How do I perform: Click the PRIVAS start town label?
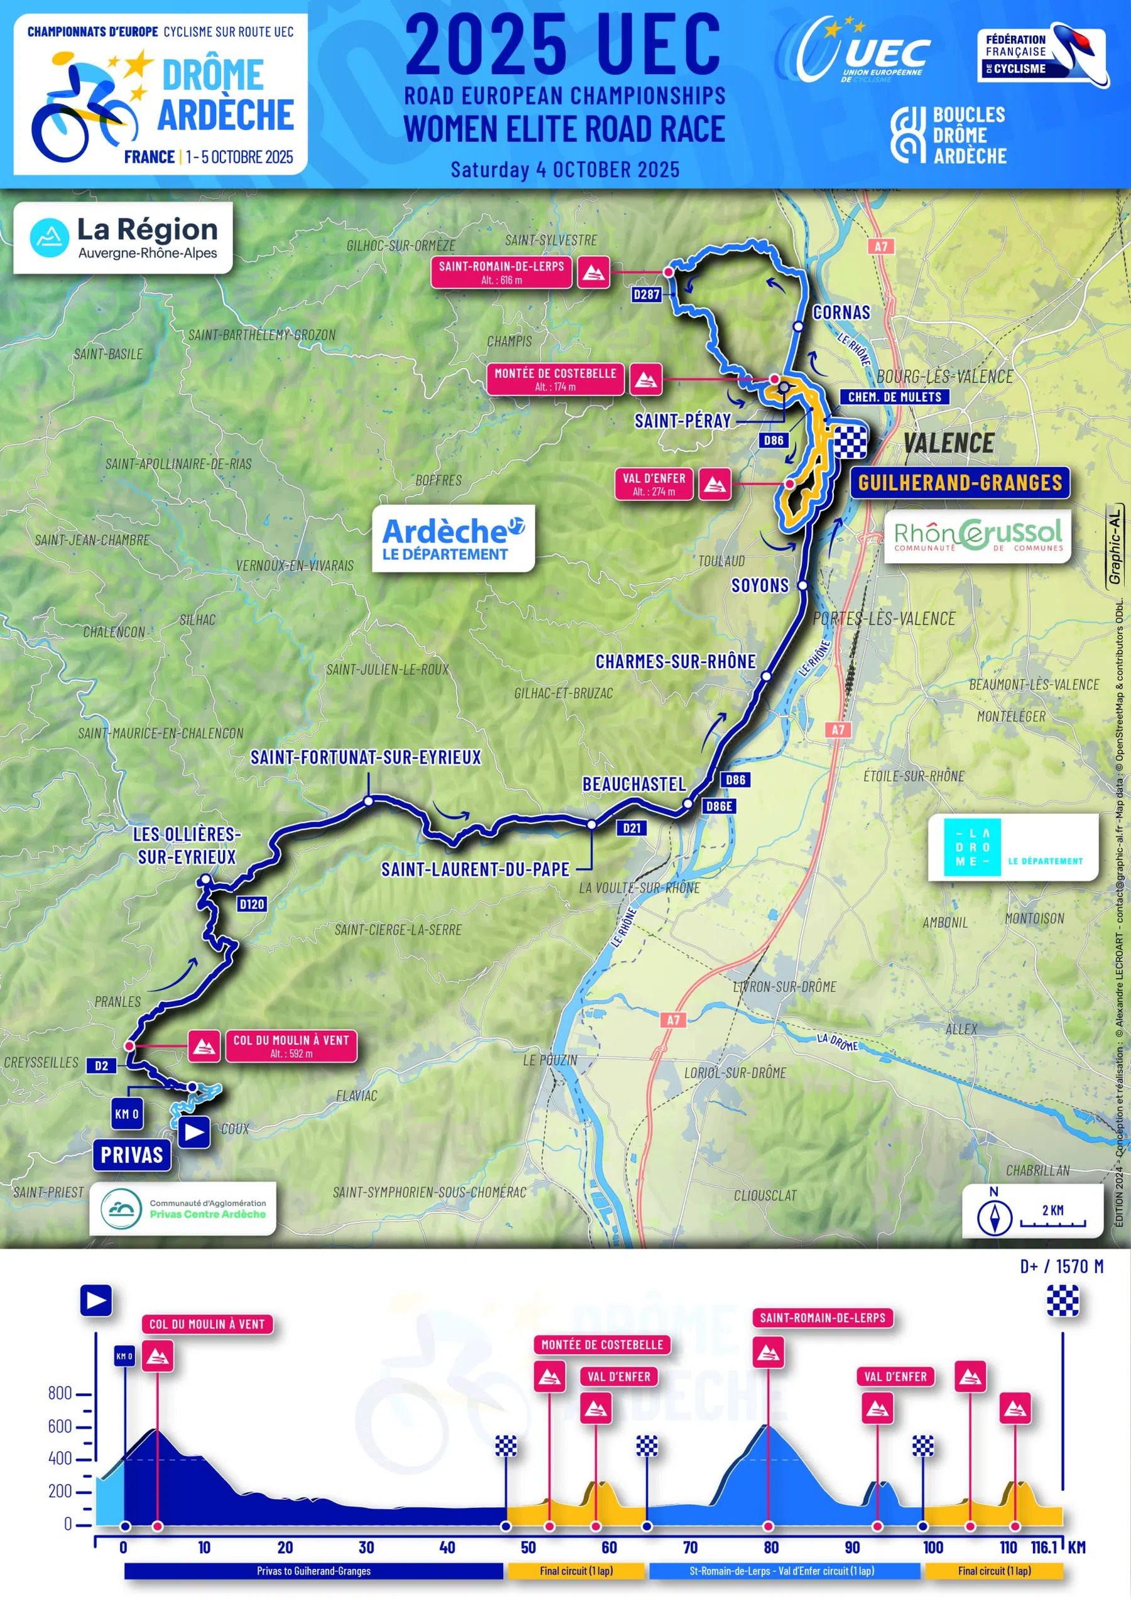pyautogui.click(x=131, y=1155)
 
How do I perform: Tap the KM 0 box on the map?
pyautogui.click(x=127, y=1114)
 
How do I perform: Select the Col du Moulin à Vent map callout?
pyautogui.click(x=290, y=1046)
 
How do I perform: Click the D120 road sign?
pyautogui.click(x=251, y=904)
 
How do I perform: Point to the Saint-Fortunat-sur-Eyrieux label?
pyautogui.click(x=366, y=757)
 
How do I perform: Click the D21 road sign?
pyautogui.click(x=631, y=828)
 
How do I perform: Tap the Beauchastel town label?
pyautogui.click(x=634, y=784)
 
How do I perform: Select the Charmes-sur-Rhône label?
pyautogui.click(x=675, y=661)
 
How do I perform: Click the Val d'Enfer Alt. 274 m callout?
pyautogui.click(x=654, y=484)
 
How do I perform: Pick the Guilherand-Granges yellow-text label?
pyautogui.click(x=959, y=482)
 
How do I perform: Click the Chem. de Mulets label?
pyautogui.click(x=894, y=397)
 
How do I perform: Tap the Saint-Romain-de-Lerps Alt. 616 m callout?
pyautogui.click(x=501, y=272)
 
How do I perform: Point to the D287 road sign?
pyautogui.click(x=647, y=295)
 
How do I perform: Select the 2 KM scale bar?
pyautogui.click(x=1052, y=1219)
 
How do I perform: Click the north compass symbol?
pyautogui.click(x=995, y=1216)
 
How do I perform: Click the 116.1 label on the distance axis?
pyautogui.click(x=1044, y=1547)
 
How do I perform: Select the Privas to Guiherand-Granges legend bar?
pyautogui.click(x=314, y=1571)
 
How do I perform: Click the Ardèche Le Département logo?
pyautogui.click(x=452, y=539)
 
